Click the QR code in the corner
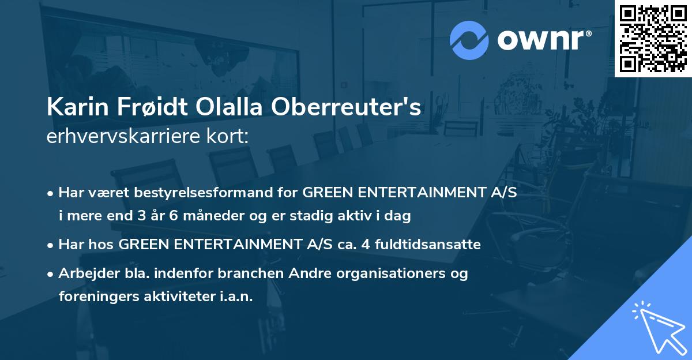coord(653,38)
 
